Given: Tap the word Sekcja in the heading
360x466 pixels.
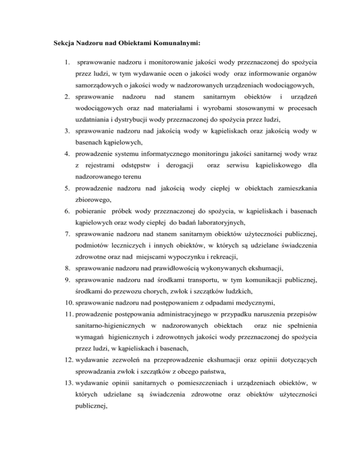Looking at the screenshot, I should [x=63, y=44].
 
